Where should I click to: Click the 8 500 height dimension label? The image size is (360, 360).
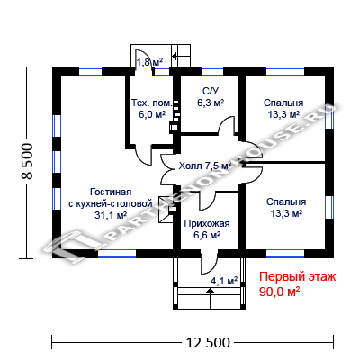click(27, 162)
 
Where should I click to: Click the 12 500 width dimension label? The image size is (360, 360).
click(208, 342)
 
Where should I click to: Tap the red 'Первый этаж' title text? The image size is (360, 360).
click(298, 277)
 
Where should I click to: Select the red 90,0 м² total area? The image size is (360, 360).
click(280, 292)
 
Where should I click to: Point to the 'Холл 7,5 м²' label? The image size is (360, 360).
click(205, 166)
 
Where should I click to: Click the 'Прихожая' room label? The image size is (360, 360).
click(207, 224)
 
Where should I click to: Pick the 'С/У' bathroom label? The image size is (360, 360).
click(211, 91)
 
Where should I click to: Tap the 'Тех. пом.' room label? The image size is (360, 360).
click(152, 103)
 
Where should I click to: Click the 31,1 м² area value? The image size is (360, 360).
click(111, 215)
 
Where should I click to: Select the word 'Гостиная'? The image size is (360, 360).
click(111, 192)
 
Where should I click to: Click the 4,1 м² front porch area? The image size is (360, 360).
click(224, 281)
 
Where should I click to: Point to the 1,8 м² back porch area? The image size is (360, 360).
click(150, 62)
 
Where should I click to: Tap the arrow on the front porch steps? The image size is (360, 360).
click(210, 298)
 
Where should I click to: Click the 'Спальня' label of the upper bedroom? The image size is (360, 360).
click(283, 103)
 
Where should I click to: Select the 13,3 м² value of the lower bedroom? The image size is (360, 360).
click(286, 213)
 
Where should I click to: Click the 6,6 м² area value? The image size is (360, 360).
click(207, 236)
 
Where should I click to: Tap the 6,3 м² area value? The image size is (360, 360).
click(211, 103)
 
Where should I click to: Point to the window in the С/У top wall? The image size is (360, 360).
click(212, 71)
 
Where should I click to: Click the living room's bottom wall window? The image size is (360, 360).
click(117, 254)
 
